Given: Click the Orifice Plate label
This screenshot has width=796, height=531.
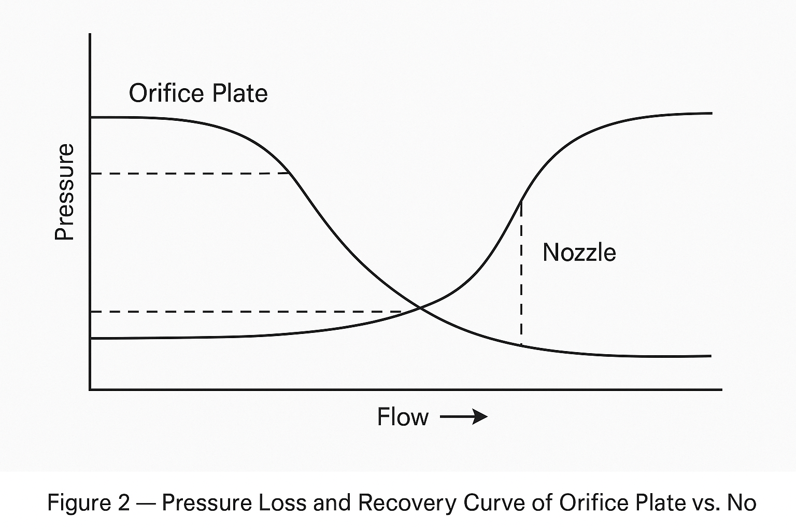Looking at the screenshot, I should tap(198, 93).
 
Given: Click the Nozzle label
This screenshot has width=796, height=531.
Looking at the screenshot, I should tap(579, 253).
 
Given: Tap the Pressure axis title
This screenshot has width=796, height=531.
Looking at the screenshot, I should tap(65, 192).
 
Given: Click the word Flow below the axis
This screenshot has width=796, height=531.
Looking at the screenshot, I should tap(403, 417).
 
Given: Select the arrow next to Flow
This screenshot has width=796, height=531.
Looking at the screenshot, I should tap(464, 417).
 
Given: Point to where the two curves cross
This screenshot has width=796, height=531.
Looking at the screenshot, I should tap(420, 308).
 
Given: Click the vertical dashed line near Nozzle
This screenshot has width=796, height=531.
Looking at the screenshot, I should tap(521, 275).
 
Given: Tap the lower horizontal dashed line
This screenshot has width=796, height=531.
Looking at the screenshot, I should tap(249, 312).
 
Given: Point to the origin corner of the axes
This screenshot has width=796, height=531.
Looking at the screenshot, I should tap(90, 389).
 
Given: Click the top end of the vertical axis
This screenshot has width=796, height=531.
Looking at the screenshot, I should tap(90, 35).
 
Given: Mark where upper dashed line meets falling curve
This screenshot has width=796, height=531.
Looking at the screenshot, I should tap(289, 173).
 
